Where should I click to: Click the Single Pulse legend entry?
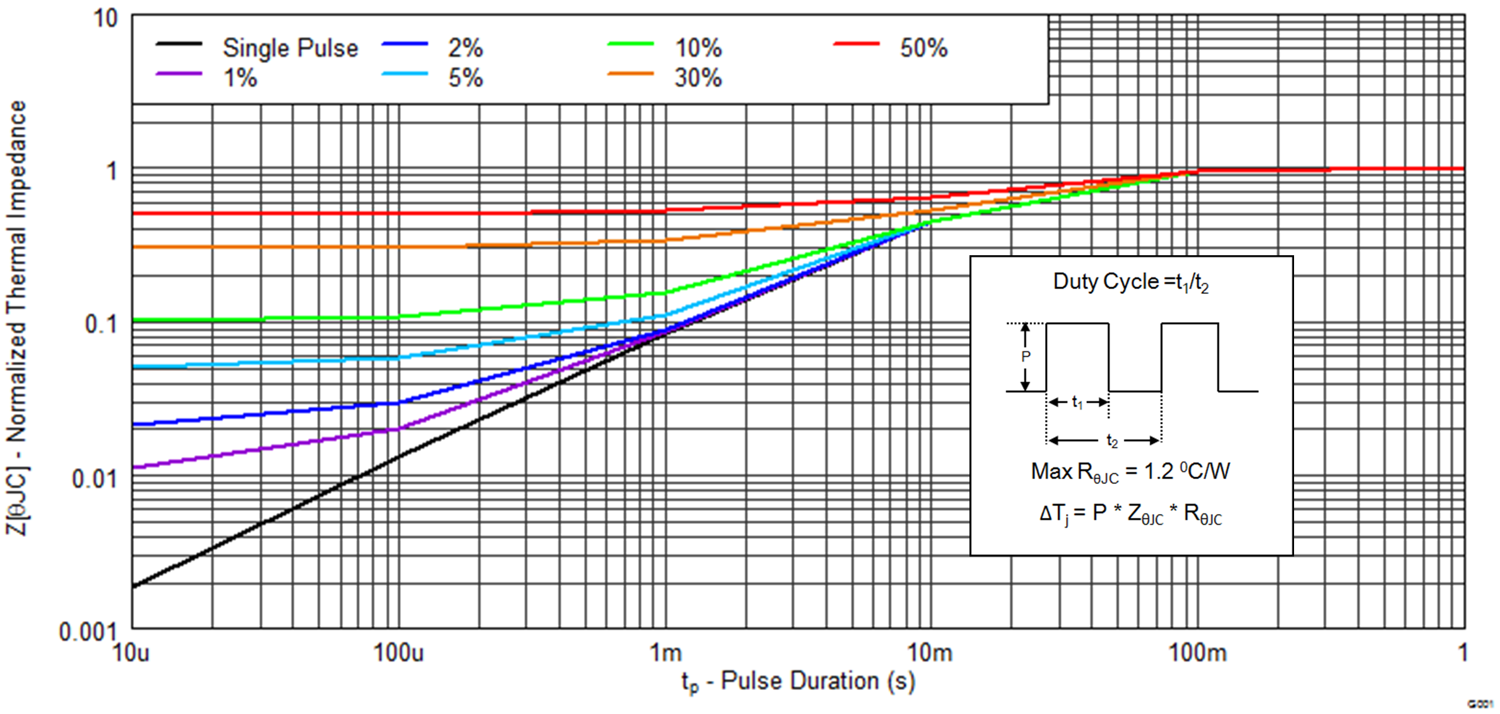[290, 48]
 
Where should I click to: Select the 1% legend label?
[240, 78]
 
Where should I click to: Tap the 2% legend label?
[465, 48]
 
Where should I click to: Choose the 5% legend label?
[465, 78]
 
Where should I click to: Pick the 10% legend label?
[698, 48]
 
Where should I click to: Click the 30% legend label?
[698, 78]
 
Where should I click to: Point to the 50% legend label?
[923, 48]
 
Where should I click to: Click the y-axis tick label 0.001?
[87, 632]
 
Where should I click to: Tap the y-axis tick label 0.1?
[100, 324]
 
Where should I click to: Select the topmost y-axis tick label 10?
[105, 18]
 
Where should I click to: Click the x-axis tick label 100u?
[398, 653]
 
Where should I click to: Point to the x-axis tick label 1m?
[666, 653]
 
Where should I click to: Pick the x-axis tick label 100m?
[1197, 653]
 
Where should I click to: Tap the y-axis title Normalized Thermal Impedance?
[17, 317]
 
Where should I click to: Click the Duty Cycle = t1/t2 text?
[1131, 282]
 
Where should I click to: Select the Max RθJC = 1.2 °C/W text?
[1130, 472]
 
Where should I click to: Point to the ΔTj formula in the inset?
[1130, 514]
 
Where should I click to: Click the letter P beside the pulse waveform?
[1025, 356]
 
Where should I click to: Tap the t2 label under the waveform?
[1111, 440]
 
